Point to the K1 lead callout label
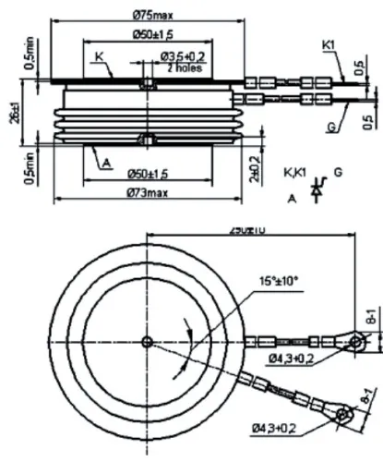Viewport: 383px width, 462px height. [329, 44]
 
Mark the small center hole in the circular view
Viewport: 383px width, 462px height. [147, 342]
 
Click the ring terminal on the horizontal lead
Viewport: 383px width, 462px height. [357, 343]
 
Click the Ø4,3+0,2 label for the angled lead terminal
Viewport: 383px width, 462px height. [275, 427]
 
